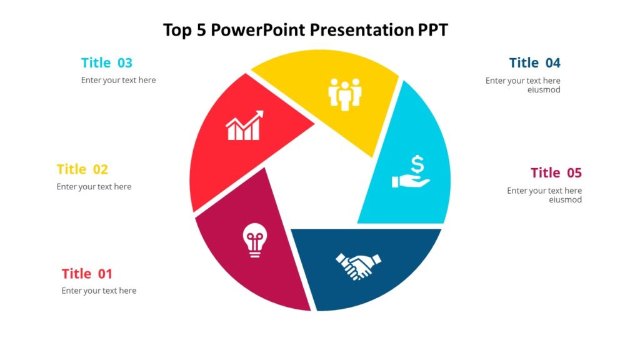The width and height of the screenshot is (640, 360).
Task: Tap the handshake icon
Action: click(358, 266)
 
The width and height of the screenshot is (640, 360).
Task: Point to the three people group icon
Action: click(345, 94)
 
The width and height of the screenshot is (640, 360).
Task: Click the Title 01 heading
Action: click(87, 274)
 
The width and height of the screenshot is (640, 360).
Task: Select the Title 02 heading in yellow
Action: click(82, 169)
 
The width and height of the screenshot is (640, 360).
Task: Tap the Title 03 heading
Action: click(107, 63)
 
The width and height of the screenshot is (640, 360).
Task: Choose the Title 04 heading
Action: click(534, 63)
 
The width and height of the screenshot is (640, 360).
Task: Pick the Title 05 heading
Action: click(556, 173)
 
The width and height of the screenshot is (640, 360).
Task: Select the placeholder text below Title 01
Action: click(99, 291)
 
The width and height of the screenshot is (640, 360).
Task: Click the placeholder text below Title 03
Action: click(118, 80)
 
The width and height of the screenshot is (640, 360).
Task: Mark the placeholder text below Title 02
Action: click(94, 186)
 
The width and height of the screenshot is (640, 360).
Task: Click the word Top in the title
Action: click(177, 30)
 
